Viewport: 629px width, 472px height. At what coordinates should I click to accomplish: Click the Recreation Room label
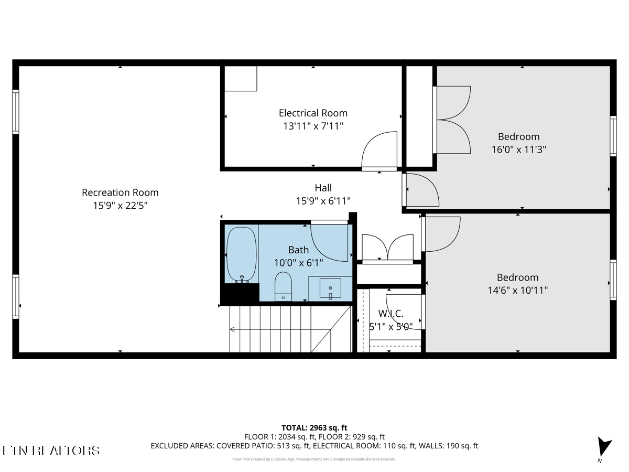(x=120, y=192)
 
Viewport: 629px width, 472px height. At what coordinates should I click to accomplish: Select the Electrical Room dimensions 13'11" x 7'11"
(x=313, y=126)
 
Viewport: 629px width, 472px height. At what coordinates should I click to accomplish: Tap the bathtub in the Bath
(x=242, y=254)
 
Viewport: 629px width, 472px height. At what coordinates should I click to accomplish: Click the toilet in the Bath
(x=283, y=286)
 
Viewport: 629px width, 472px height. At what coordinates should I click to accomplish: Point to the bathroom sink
(x=330, y=288)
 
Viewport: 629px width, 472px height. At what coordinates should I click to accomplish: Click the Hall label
(x=323, y=188)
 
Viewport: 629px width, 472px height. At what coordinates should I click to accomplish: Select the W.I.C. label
(x=391, y=314)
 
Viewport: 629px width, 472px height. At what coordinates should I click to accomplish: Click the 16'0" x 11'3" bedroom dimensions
(x=518, y=149)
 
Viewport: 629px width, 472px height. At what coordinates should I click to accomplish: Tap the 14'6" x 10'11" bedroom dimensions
(x=518, y=290)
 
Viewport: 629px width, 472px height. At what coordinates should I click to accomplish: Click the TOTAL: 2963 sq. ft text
(x=314, y=427)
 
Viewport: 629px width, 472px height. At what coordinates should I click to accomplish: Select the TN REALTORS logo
(x=51, y=450)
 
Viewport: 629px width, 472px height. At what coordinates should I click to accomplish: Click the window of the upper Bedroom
(x=613, y=136)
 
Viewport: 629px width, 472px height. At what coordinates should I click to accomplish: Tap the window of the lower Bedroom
(x=613, y=280)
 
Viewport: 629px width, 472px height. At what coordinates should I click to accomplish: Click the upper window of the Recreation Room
(x=16, y=112)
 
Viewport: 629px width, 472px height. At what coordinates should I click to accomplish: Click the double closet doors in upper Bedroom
(x=452, y=120)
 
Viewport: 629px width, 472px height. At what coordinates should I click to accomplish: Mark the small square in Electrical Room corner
(x=241, y=79)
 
